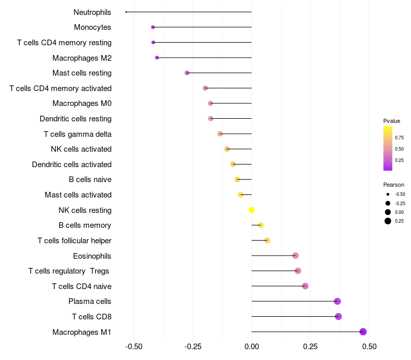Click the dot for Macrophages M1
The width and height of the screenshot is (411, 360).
click(363, 332)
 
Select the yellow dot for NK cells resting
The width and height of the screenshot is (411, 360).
click(252, 210)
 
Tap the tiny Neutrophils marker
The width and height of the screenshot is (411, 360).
click(126, 12)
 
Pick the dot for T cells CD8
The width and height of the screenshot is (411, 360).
click(338, 316)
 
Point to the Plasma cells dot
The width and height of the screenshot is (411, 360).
click(337, 301)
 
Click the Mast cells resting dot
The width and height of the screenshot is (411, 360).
click(187, 73)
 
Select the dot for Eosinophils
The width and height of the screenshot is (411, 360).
click(295, 256)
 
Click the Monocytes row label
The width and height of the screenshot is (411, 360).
click(92, 27)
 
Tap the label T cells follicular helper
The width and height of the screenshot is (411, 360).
click(74, 241)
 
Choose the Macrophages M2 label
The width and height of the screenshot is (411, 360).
click(82, 58)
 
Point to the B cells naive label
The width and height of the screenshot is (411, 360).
click(90, 179)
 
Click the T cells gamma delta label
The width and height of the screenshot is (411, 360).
click(78, 134)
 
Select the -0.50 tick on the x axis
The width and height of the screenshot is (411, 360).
click(134, 347)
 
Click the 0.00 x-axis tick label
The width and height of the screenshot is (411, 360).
click(252, 347)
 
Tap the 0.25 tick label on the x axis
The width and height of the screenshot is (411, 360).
click(310, 347)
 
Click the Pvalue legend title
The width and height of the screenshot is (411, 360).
click(391, 121)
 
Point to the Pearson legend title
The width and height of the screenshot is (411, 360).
click(394, 185)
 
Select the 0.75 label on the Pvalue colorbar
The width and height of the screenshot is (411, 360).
click(399, 137)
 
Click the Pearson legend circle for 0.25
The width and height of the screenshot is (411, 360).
click(387, 221)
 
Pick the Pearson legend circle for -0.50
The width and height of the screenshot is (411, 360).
click(387, 194)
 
